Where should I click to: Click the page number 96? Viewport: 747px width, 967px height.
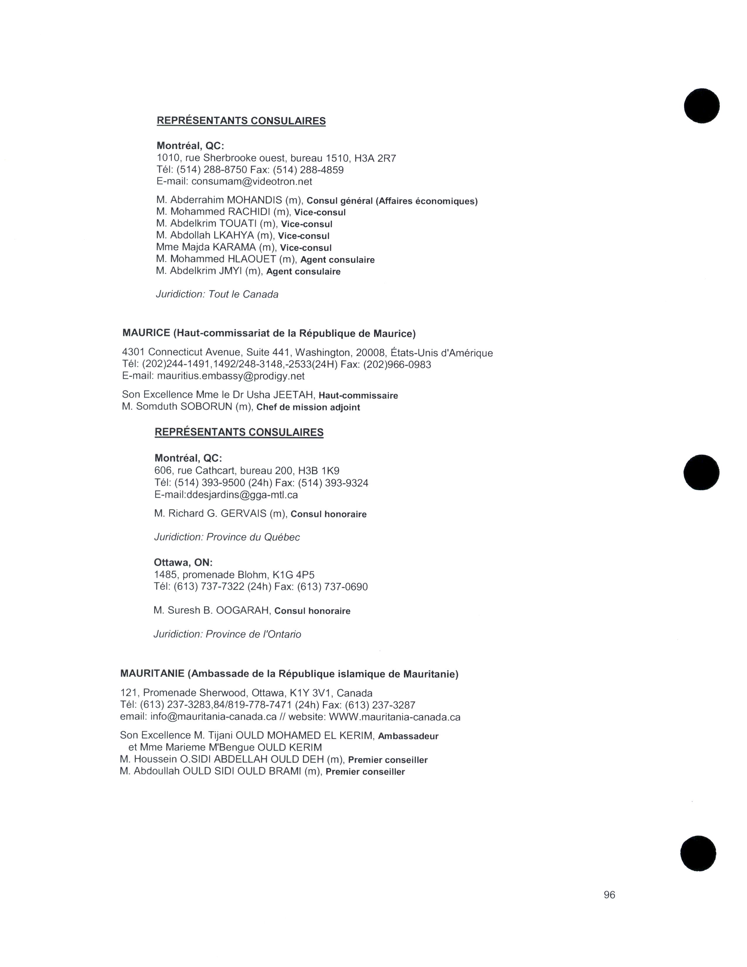(x=609, y=895)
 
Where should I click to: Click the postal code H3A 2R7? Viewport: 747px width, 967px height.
(x=375, y=158)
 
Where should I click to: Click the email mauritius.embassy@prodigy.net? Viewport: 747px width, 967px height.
(x=231, y=376)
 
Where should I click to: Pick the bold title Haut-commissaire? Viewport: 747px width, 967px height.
(x=358, y=395)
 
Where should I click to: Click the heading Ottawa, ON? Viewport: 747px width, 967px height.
(x=183, y=562)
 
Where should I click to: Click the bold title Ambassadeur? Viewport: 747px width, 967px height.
(x=408, y=736)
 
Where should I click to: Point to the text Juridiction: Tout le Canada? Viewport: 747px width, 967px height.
(x=217, y=294)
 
